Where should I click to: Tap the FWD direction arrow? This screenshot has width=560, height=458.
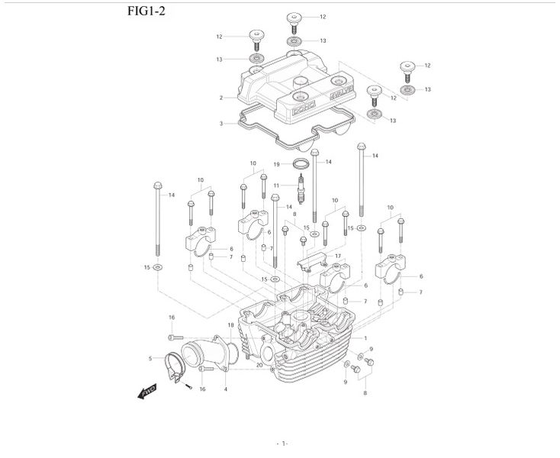click(146, 392)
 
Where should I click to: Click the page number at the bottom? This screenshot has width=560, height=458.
click(282, 443)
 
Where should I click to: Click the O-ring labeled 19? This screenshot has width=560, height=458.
click(302, 164)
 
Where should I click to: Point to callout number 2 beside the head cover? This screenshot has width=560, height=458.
click(220, 98)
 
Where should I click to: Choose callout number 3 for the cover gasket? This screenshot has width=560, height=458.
click(220, 123)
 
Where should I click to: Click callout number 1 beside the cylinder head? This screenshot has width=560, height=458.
click(365, 338)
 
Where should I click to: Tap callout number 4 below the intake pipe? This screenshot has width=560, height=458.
click(226, 390)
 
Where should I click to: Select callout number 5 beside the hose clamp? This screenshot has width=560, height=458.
click(150, 358)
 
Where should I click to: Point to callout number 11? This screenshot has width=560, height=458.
click(287, 186)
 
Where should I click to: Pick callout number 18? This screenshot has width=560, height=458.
click(230, 326)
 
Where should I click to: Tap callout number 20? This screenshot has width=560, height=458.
click(259, 366)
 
